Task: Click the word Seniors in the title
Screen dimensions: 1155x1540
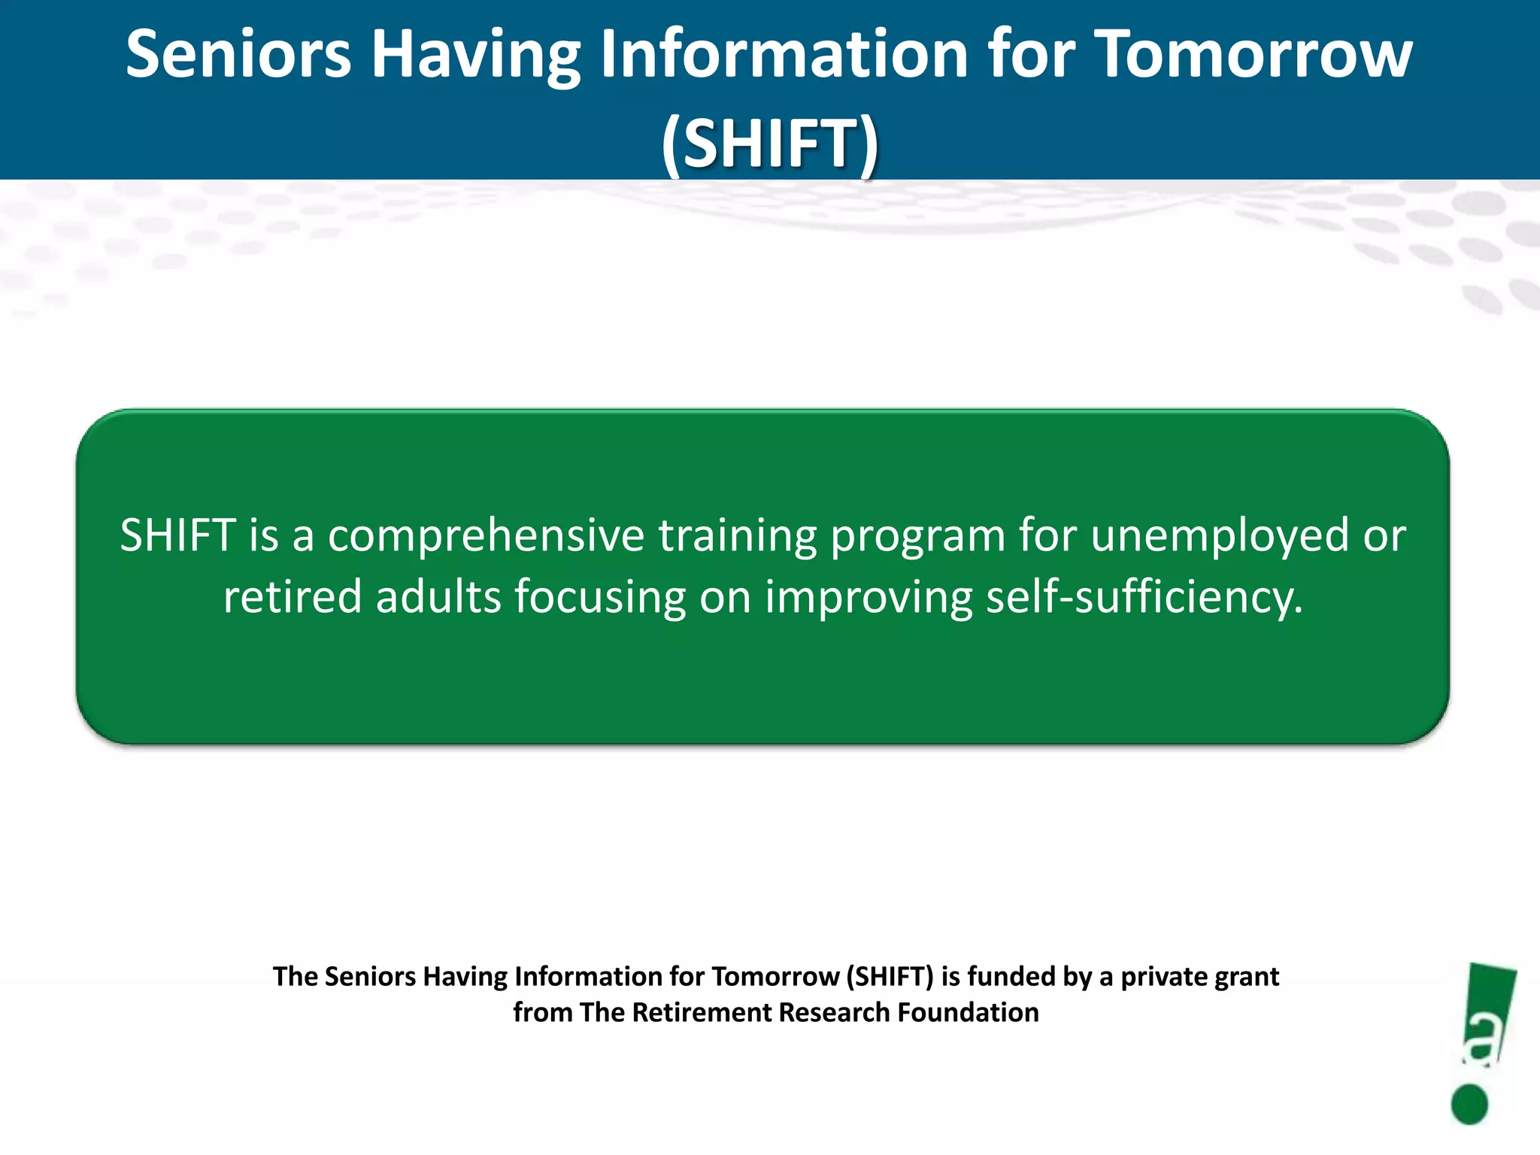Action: [238, 54]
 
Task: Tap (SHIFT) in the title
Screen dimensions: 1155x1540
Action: [770, 143]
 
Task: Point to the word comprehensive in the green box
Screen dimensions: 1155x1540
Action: [486, 536]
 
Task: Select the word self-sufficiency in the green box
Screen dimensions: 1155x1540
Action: [1144, 598]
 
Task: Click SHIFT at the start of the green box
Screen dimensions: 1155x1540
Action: [178, 535]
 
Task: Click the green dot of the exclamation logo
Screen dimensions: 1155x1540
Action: [1469, 1104]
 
